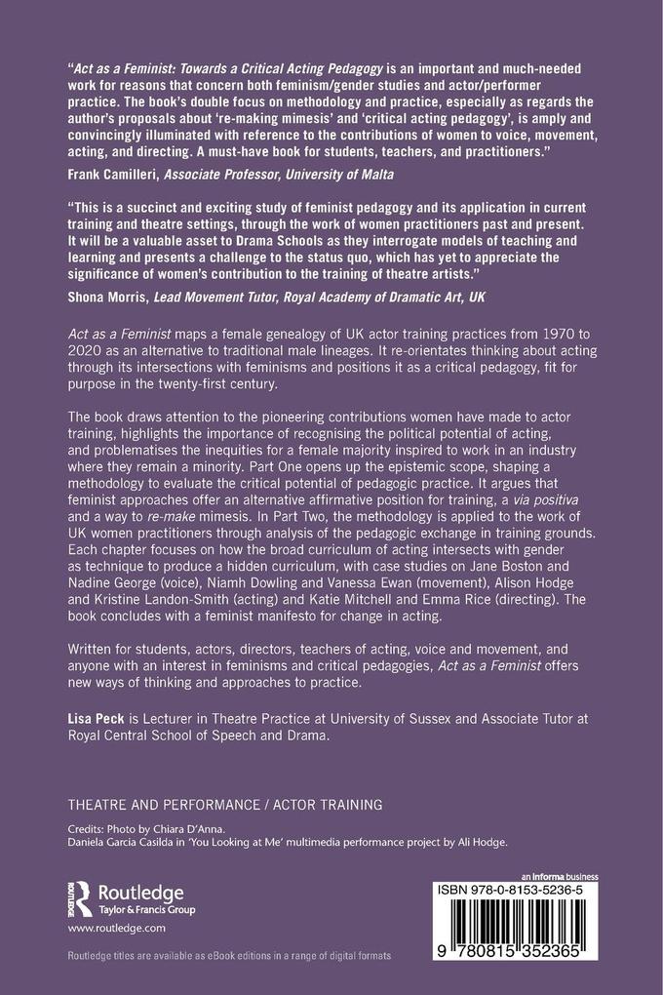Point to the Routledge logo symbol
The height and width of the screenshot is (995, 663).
coord(82,893)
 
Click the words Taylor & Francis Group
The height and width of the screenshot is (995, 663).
coord(144,909)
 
